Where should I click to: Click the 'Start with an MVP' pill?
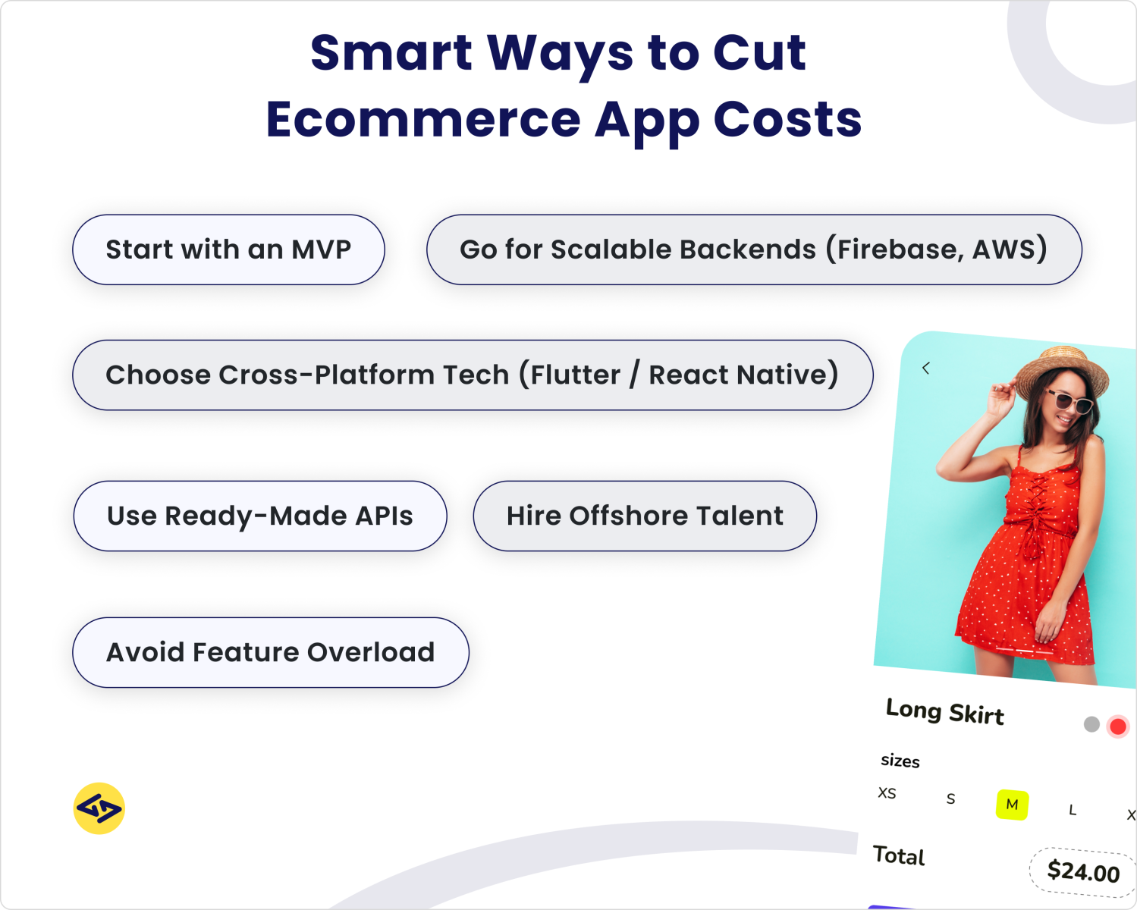[x=228, y=249]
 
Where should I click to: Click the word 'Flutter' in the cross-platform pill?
[x=575, y=375]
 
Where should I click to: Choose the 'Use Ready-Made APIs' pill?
[x=260, y=516]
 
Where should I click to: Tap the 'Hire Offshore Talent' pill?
[x=645, y=516]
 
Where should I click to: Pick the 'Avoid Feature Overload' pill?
[x=271, y=652]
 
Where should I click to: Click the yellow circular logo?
[x=99, y=808]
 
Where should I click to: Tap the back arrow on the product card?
[x=925, y=369]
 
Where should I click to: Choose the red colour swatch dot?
[x=1117, y=726]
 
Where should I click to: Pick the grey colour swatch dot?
[x=1091, y=724]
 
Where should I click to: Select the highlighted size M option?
[x=1012, y=805]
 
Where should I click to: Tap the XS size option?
[x=887, y=793]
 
